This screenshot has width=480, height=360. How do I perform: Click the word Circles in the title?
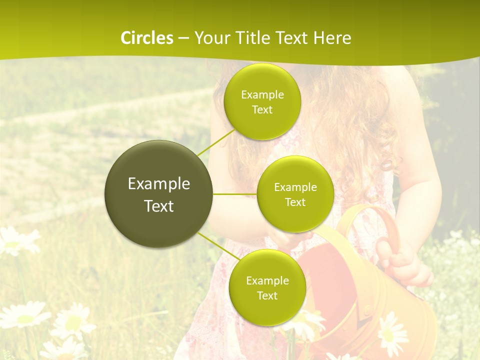(147, 38)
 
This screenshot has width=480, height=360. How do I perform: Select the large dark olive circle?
(158, 194)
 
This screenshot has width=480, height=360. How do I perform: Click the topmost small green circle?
(262, 101)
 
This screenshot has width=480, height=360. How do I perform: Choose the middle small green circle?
(295, 194)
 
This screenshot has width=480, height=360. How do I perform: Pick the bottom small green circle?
(267, 287)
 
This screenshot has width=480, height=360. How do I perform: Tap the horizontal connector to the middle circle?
(235, 194)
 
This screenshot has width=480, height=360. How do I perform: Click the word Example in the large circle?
(159, 184)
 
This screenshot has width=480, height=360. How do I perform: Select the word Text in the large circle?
(159, 206)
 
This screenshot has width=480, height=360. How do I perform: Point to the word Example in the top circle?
(262, 95)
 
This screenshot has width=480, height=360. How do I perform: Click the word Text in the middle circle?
(295, 202)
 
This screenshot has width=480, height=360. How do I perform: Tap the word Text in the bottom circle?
(267, 295)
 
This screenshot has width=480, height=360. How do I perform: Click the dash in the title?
(183, 38)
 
